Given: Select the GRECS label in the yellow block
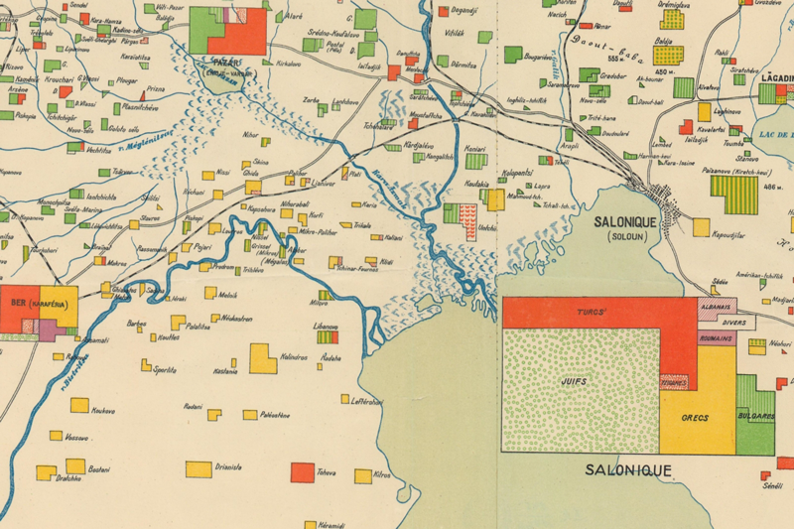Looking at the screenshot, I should tap(695, 418).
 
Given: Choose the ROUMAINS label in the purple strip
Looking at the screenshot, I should tap(717, 338).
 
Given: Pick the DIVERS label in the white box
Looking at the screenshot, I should tap(734, 323).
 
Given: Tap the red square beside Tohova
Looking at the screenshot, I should tap(302, 472).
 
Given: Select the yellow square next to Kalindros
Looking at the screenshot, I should tap(263, 357).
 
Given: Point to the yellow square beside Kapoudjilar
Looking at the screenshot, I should tap(701, 227).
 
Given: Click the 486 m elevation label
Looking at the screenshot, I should tap(773, 186).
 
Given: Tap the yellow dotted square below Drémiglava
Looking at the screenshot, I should tap(673, 20).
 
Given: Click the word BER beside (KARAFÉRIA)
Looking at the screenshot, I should tap(18, 302).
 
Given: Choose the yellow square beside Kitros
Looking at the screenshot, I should tap(363, 476).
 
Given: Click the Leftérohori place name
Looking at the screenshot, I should tap(366, 402).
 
